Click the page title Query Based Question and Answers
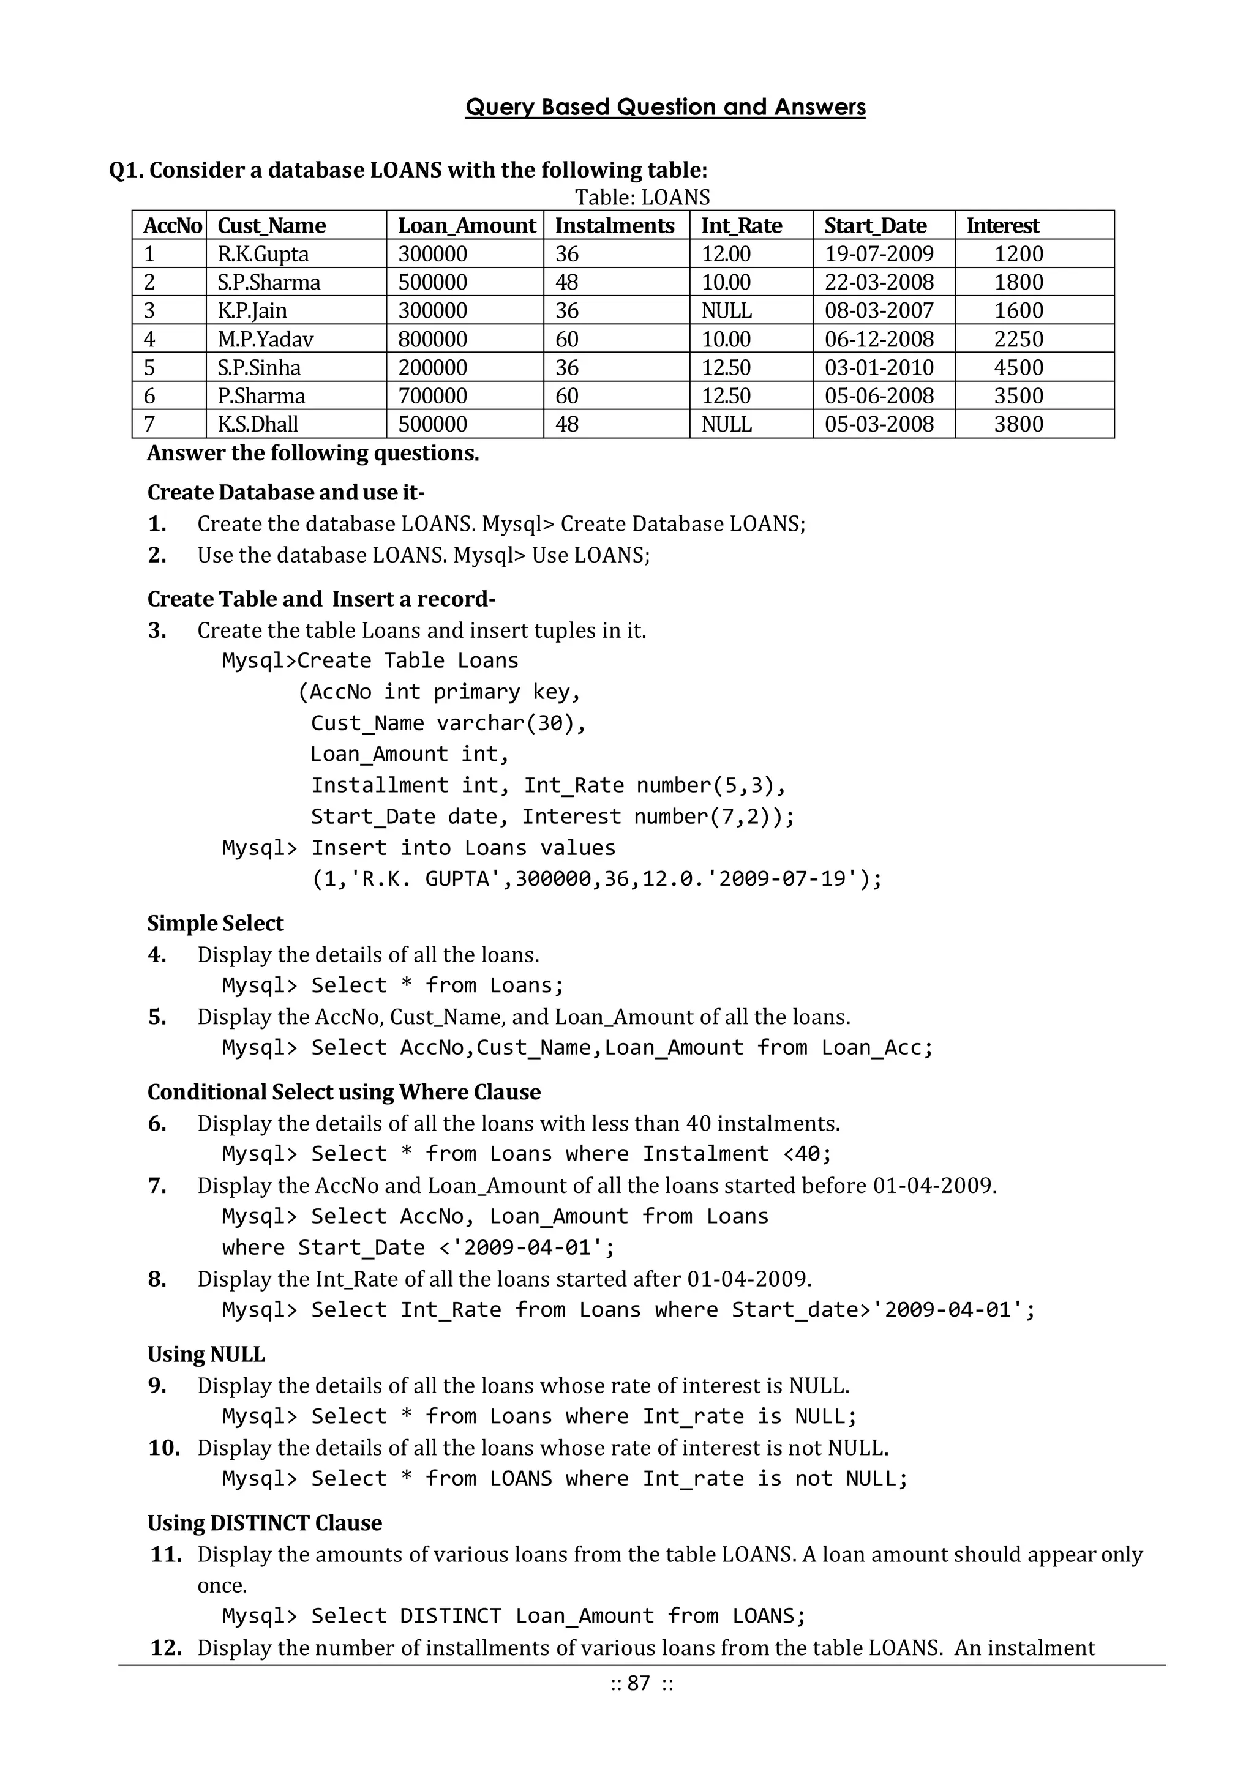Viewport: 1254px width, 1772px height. coord(665,107)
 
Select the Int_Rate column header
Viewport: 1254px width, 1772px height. coord(742,225)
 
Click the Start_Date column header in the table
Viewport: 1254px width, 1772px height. coord(875,225)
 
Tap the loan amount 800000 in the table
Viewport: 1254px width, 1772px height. coord(432,339)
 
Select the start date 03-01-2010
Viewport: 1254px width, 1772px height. coord(879,367)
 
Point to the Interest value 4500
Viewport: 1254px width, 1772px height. coord(1018,367)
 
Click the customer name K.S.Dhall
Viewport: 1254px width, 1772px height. coord(257,424)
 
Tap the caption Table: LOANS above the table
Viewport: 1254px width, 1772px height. coord(642,198)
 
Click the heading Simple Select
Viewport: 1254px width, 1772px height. coord(216,923)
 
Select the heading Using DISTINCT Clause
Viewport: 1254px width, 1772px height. coord(265,1523)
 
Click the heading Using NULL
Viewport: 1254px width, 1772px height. coord(206,1354)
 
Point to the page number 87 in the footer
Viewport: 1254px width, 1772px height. coord(639,1683)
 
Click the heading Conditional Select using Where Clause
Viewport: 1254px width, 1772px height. coord(344,1092)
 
